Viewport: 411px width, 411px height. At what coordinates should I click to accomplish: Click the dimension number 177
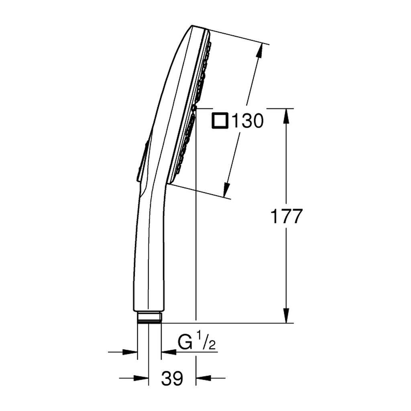[x=286, y=216]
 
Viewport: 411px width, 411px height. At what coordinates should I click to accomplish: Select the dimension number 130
[x=247, y=121]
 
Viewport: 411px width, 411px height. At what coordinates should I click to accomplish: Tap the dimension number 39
[x=172, y=378]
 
